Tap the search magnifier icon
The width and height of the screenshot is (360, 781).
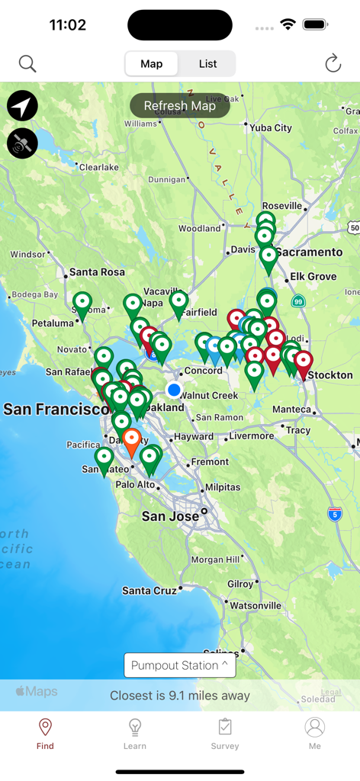(27, 64)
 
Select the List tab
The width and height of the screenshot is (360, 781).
(207, 64)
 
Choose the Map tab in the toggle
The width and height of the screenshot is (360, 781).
(152, 64)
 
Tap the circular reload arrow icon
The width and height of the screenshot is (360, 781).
(333, 64)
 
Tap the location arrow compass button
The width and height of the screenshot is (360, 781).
(23, 106)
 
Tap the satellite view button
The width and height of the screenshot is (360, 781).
(23, 143)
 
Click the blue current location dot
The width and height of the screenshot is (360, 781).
(174, 390)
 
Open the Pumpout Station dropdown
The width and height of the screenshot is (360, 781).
(180, 665)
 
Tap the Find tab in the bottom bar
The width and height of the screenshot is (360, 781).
(45, 733)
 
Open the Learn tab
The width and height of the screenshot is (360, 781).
(135, 733)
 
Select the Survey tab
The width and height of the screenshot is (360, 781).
(225, 733)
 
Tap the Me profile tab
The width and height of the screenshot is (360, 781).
(315, 733)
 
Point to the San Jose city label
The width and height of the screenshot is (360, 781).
(171, 516)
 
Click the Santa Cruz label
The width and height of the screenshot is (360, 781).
(149, 590)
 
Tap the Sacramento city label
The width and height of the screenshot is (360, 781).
(309, 252)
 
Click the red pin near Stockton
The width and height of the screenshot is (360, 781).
(304, 362)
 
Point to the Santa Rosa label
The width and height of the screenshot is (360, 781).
(97, 272)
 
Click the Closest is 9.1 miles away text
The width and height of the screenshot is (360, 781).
(180, 696)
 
